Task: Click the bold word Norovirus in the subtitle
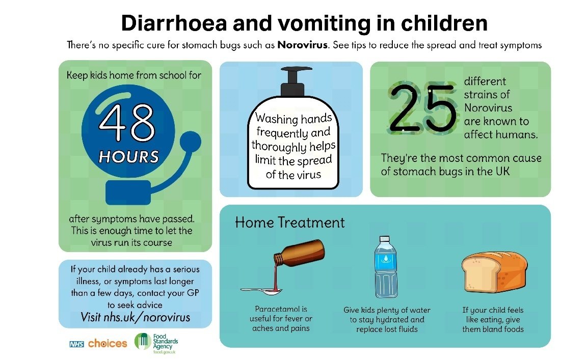[x=303, y=45]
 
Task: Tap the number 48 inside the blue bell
[x=127, y=122]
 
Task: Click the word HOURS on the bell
[x=129, y=157]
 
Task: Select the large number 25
[x=422, y=108]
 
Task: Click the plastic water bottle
[x=386, y=266]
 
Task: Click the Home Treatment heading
[x=290, y=223]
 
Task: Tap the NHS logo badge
[x=77, y=344]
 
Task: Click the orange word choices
[x=108, y=343]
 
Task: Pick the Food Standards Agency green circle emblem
[x=143, y=341]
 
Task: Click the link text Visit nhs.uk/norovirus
[x=135, y=317]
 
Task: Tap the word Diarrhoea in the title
[x=174, y=23]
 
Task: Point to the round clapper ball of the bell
[x=191, y=142]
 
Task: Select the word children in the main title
[x=444, y=23]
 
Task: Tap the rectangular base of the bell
[x=128, y=192]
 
